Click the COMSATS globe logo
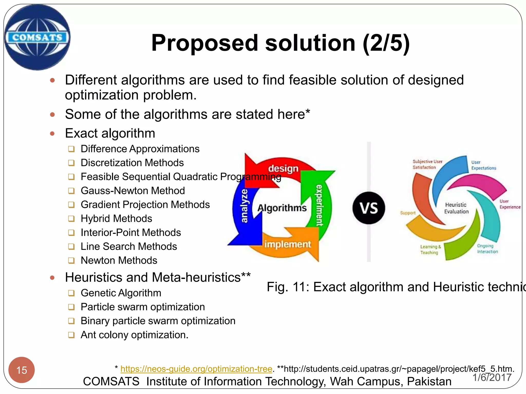point(37,37)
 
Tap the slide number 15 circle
point(22,370)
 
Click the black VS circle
point(369,208)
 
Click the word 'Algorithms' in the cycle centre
point(282,208)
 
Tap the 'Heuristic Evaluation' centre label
point(456,208)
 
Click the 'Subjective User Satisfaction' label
point(427,164)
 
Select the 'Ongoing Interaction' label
point(487,249)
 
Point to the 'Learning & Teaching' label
point(430,249)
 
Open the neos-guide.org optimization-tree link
point(196,369)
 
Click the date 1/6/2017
point(492,377)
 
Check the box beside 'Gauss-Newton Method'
point(71,191)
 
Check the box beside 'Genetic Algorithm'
point(71,293)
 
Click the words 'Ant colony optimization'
point(134,335)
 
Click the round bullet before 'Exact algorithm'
point(52,133)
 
